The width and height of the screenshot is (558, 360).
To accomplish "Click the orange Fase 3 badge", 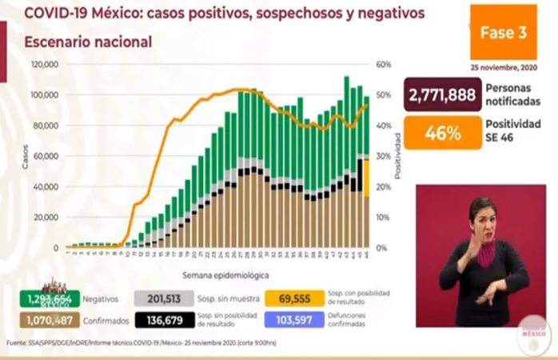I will [503, 32].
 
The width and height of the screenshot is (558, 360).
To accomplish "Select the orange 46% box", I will [442, 133].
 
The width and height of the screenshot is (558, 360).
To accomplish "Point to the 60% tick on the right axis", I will [383, 64].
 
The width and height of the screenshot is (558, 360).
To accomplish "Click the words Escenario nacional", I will [88, 42].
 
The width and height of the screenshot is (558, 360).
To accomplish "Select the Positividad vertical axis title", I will [397, 157].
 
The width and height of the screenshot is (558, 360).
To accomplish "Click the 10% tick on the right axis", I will [383, 217].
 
